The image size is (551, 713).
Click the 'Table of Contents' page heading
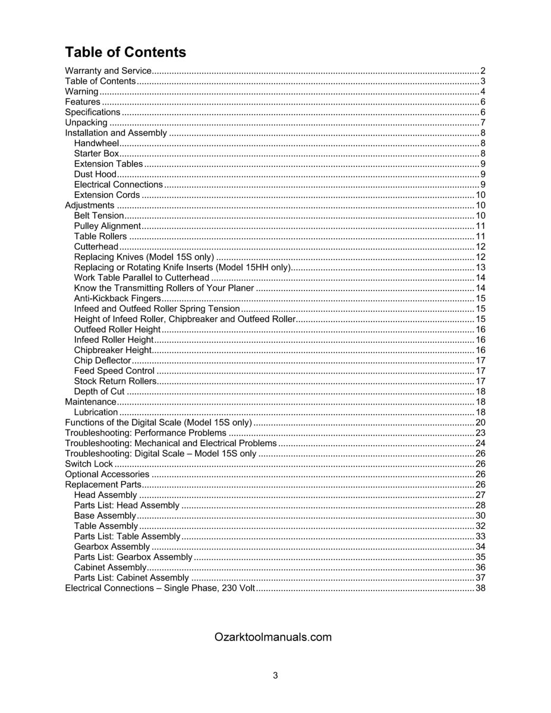pos(125,52)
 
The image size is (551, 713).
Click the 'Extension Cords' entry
pos(107,195)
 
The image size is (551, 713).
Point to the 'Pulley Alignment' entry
pos(108,226)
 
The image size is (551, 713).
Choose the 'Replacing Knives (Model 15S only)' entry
pos(143,257)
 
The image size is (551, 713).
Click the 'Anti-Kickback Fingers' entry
pos(118,298)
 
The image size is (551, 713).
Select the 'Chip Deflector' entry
pos(102,360)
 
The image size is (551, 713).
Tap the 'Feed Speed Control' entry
pos(114,371)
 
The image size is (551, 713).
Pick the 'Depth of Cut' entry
pos(99,391)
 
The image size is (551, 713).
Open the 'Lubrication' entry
pos(96,412)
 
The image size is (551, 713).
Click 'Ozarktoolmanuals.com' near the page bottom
pos(273,637)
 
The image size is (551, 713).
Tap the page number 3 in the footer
pos(275,675)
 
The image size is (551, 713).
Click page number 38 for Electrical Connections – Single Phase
pos(481,588)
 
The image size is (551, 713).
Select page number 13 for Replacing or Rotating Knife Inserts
pos(481,267)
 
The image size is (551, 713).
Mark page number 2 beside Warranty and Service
pos(483,71)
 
